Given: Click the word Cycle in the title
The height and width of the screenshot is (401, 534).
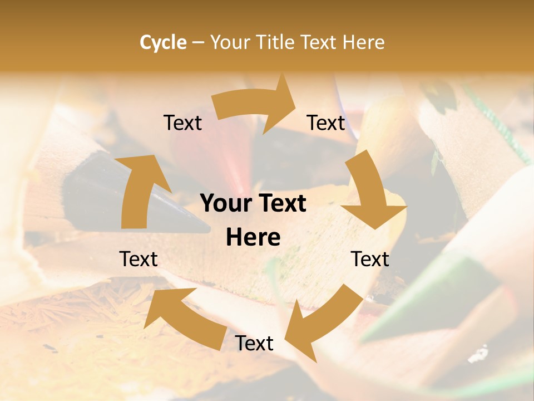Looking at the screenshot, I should click(163, 42).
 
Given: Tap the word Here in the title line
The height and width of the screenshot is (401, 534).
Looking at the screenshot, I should click(363, 42).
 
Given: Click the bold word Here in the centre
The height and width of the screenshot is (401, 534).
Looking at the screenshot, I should click(253, 237).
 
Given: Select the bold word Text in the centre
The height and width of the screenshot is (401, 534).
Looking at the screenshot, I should click(280, 204).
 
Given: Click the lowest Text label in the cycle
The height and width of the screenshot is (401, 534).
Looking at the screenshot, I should click(254, 344).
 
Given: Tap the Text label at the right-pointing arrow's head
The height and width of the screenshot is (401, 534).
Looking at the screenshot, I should click(326, 123).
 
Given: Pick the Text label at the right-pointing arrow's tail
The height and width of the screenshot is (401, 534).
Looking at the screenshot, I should click(182, 123).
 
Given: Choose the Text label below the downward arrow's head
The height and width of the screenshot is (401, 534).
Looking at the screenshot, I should click(370, 259).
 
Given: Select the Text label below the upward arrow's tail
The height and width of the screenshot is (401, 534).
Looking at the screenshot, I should click(139, 259).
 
